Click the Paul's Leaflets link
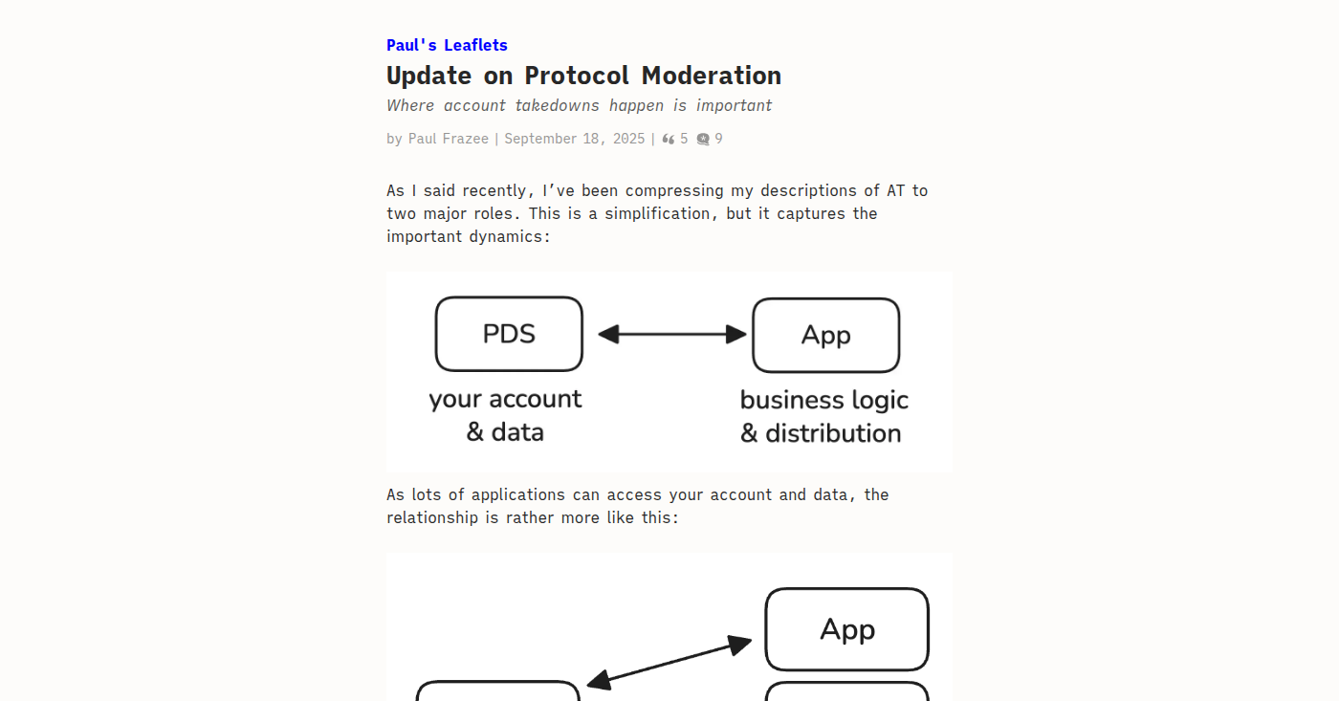coord(447,45)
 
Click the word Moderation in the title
coord(712,76)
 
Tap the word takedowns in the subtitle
coord(557,106)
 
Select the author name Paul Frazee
coord(449,139)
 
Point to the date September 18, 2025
coord(575,139)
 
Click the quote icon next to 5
coord(669,140)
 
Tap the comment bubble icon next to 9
coord(703,140)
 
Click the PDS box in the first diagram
coord(509,334)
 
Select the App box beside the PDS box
coord(826,336)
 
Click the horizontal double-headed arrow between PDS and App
coord(671,334)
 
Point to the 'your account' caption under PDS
coord(505,399)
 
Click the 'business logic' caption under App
coord(823,401)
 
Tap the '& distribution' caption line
coord(821,433)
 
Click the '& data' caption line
coord(505,432)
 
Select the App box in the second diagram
coord(847,629)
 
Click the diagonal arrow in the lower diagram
coord(669,664)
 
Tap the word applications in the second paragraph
coord(517,495)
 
